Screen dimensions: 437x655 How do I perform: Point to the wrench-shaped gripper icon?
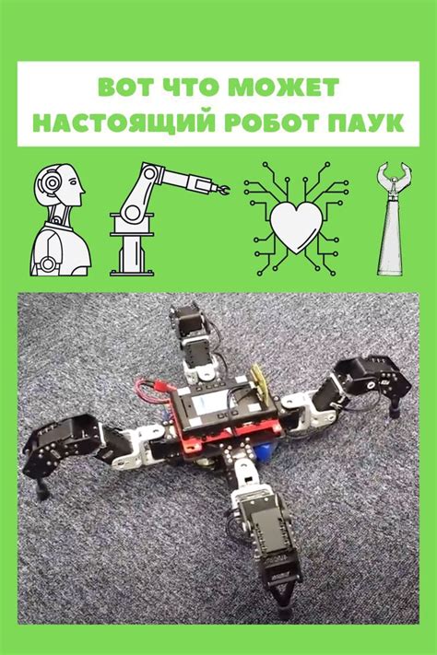[391, 219]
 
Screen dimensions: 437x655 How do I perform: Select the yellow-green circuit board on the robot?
[260, 380]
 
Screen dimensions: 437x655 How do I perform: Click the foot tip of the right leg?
[394, 413]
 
